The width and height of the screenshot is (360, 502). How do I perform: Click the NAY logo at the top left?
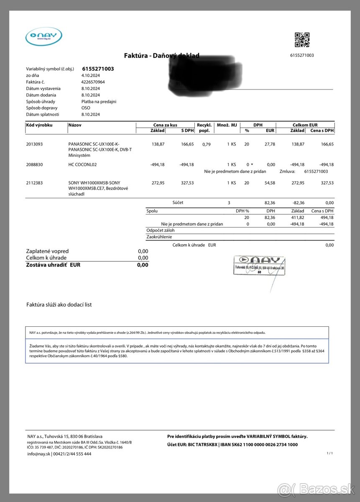[43, 36]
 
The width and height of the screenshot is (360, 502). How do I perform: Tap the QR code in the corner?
[302, 40]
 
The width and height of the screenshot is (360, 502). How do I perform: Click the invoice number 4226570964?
[93, 82]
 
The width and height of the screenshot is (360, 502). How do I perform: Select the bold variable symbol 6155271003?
[98, 69]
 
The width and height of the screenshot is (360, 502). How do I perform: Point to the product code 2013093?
[34, 144]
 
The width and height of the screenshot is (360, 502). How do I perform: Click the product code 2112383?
[34, 183]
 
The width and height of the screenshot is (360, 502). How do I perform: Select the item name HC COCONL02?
[82, 164]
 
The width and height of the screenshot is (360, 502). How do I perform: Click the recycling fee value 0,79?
[206, 144]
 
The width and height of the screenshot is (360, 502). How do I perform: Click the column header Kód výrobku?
[39, 125]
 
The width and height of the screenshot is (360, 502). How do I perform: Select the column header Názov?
[75, 125]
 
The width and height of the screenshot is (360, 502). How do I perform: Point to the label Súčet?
[178, 202]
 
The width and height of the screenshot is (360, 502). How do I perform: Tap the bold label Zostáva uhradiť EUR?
[53, 265]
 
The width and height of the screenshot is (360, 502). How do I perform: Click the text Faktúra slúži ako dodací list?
[59, 305]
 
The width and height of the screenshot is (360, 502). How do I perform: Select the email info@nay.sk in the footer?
[39, 454]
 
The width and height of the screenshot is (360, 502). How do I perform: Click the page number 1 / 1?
[329, 453]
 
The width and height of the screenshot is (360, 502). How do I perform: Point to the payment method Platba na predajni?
[99, 101]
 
